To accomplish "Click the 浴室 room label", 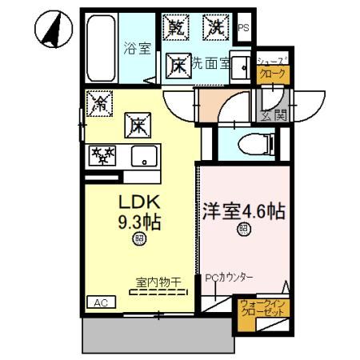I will click(x=137, y=49).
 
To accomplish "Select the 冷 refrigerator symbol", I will click(x=100, y=102).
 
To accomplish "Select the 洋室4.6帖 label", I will click(x=244, y=214).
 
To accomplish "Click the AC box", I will click(x=100, y=303).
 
